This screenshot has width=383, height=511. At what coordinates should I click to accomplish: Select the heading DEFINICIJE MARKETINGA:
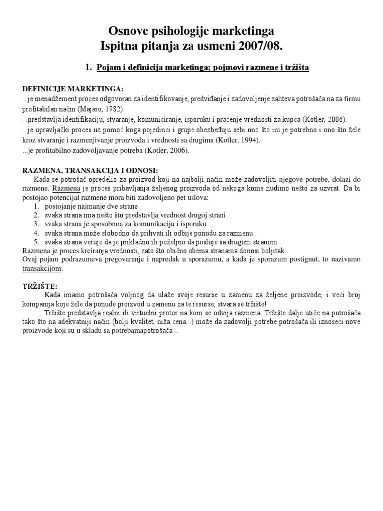coord(73,89)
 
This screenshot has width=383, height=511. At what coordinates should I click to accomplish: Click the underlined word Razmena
coord(64,189)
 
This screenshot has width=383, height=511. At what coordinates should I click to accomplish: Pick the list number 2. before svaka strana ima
coord(37,215)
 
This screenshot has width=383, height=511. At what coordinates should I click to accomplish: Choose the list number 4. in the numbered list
coord(37,233)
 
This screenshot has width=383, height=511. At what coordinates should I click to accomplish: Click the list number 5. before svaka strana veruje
coord(37,242)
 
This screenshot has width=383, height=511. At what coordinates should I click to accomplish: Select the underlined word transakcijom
coord(42,269)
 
